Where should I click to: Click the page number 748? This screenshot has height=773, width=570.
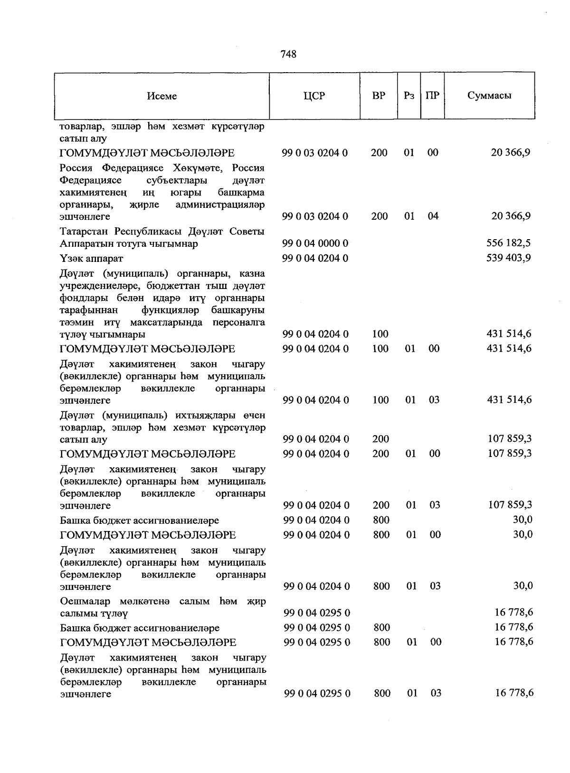pos(288,54)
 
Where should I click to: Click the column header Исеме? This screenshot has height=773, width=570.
pos(162,96)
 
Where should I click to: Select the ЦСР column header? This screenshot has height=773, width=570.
pos(314,95)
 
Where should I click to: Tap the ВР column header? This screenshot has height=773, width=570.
pos(379,95)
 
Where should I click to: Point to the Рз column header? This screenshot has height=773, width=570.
pos(409,95)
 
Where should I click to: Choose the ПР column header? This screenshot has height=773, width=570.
pos(432,95)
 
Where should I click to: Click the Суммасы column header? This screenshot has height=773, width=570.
pos(489,95)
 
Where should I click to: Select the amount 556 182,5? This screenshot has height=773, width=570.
pos(509,243)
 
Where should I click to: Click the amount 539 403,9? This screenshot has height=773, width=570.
pos(509,258)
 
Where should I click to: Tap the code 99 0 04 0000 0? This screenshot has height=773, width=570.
pos(315,243)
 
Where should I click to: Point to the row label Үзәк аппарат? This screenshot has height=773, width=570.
pos(91,259)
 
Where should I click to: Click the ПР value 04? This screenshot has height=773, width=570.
pos(433,216)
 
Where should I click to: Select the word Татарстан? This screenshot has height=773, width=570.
pos(84,232)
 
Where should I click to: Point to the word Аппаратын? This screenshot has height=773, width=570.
pos(83,244)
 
